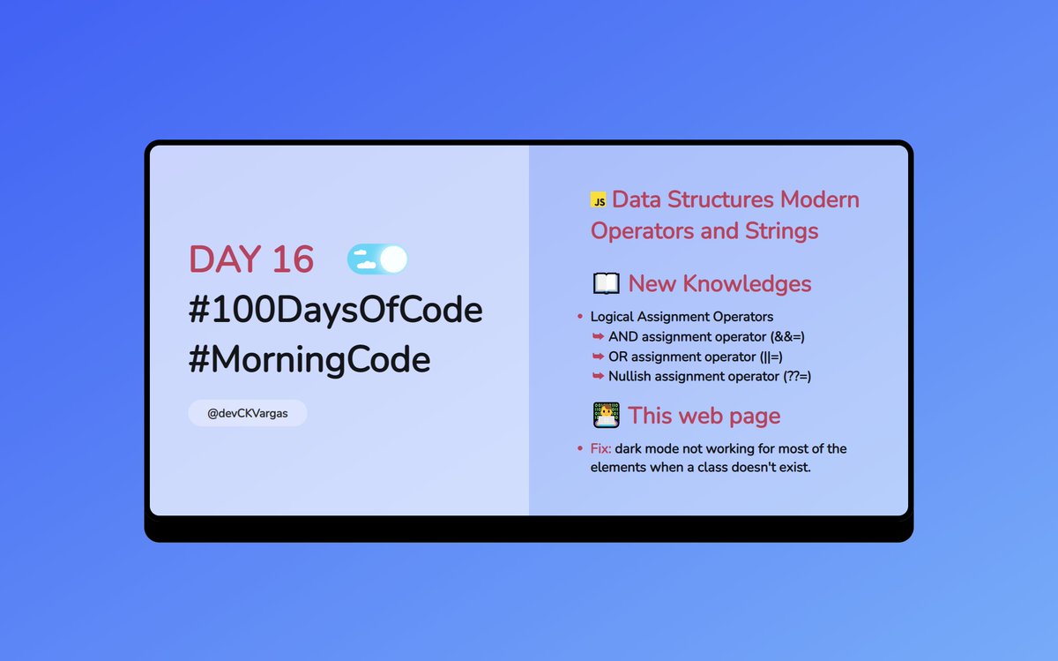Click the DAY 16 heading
[251, 259]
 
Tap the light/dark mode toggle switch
[377, 259]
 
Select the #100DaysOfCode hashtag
[335, 311]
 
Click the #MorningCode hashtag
[309, 360]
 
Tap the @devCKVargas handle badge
[248, 412]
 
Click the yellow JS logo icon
[599, 201]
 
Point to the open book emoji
[606, 284]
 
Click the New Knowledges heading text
[719, 284]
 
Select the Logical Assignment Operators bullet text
[682, 316]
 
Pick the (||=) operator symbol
[771, 357]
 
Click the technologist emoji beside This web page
[606, 415]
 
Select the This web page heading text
[704, 415]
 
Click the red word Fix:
[600, 448]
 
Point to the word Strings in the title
[779, 231]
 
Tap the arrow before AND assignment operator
[598, 336]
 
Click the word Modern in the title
[820, 199]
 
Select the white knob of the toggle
[393, 259]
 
